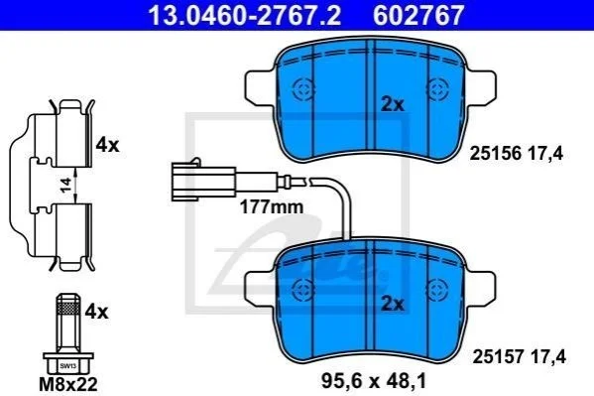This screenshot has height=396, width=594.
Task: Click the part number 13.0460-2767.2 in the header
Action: pos(244,15)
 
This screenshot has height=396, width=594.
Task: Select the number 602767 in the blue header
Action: pos(418,15)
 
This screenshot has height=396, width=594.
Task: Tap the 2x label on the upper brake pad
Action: pos(393,104)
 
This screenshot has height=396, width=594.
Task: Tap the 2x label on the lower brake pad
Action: pos(393,304)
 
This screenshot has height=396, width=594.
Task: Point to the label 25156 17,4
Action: pos(517,154)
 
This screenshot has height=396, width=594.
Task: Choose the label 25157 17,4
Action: pos(519,357)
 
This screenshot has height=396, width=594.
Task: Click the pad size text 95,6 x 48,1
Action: pos(374,380)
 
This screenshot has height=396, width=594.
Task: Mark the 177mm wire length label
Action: pos(272,207)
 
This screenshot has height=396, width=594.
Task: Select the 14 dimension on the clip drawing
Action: pos(65,186)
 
